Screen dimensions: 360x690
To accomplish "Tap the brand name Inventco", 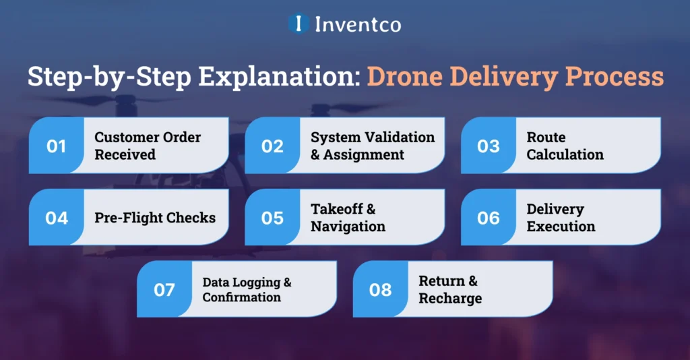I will pyautogui.click(x=357, y=25).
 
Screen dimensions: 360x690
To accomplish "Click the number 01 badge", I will pyautogui.click(x=56, y=146).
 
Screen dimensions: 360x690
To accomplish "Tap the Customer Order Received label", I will pyautogui.click(x=148, y=146).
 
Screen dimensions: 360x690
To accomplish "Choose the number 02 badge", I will pyautogui.click(x=272, y=146).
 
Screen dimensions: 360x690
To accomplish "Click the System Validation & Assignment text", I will pyautogui.click(x=373, y=146).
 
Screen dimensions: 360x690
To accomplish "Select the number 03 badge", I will pyautogui.click(x=489, y=146).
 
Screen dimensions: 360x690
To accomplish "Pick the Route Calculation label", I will pyautogui.click(x=565, y=146).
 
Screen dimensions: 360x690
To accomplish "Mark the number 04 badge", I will pyautogui.click(x=56, y=218).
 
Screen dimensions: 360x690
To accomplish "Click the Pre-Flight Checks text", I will pyautogui.click(x=155, y=218).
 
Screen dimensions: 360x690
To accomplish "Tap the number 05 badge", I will pyautogui.click(x=272, y=218).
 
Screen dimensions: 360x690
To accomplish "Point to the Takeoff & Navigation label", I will pyautogui.click(x=348, y=218).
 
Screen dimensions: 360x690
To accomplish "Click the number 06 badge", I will pyautogui.click(x=489, y=218).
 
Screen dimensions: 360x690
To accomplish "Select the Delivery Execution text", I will pyautogui.click(x=561, y=218).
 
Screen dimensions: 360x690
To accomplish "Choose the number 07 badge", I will pyautogui.click(x=164, y=290).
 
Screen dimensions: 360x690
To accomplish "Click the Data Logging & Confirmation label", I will pyautogui.click(x=247, y=290).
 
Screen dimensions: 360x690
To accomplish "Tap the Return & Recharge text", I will pyautogui.click(x=450, y=290).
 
